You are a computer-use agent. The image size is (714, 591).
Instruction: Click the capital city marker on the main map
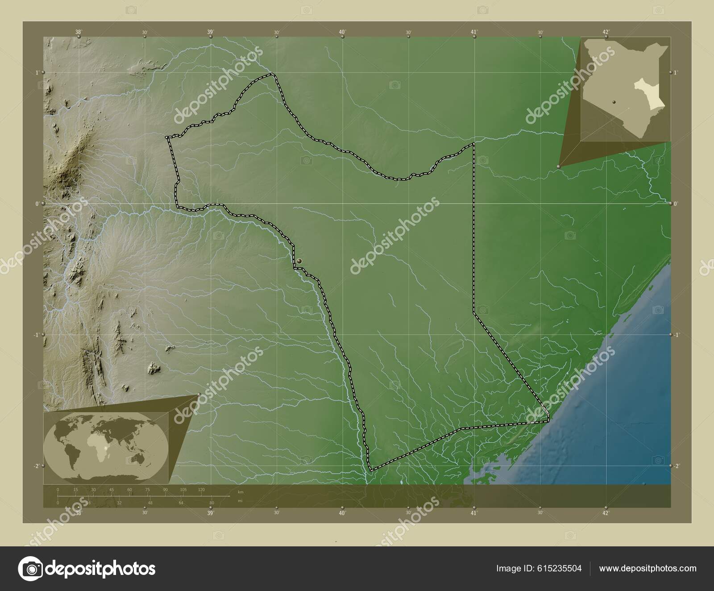299,261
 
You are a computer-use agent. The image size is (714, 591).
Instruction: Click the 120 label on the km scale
201,490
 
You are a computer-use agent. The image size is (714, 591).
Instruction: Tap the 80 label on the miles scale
212,503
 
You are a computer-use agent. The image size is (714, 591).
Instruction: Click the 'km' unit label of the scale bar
241,492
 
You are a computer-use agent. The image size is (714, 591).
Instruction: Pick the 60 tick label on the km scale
129,490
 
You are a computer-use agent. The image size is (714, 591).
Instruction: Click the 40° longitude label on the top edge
342,32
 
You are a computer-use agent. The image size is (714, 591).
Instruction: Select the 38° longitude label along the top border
79,32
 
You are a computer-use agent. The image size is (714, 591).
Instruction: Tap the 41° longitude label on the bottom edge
474,513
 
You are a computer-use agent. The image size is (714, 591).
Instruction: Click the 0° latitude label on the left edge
38,204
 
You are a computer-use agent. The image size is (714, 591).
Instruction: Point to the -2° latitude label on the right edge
677,466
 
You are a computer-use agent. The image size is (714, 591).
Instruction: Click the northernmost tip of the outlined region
272,74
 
